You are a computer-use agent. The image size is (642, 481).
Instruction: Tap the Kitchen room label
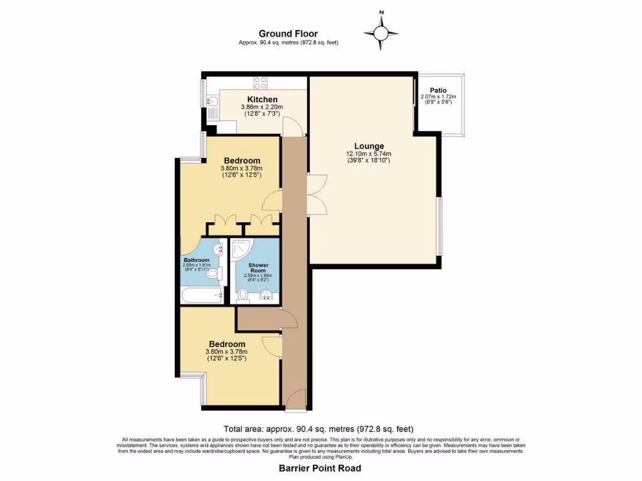point(262,100)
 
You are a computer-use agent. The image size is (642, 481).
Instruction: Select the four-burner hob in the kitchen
point(260,83)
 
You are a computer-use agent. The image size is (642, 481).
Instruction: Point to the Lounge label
point(369,146)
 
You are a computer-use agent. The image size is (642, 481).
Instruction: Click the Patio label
point(438,90)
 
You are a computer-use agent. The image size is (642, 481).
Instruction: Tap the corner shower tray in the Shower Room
point(241,251)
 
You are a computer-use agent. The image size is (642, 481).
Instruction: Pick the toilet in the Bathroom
point(213,274)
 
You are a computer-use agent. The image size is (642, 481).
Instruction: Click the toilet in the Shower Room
point(243,294)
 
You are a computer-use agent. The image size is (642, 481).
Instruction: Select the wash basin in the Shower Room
point(268,295)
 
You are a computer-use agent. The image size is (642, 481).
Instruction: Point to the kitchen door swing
point(293,127)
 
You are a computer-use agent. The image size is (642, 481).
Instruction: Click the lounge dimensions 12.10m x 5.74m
point(369,154)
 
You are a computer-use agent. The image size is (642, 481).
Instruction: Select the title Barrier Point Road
point(320,468)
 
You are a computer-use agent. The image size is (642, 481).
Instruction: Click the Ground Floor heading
point(288,34)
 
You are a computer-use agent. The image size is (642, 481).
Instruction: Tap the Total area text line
point(320,430)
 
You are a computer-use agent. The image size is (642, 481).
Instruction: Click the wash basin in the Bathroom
point(219,249)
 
